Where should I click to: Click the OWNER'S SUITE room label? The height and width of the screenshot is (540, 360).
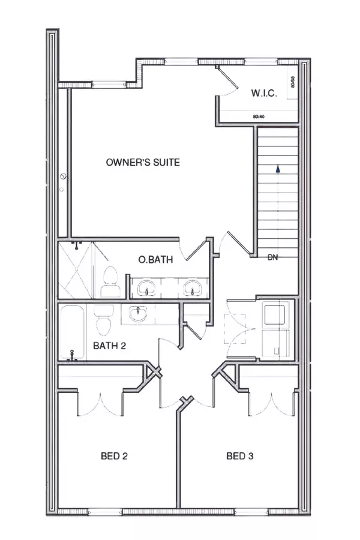coord(143,162)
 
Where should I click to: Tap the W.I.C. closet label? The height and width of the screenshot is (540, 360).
coord(263,93)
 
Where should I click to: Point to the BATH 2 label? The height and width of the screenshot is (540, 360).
coord(110,346)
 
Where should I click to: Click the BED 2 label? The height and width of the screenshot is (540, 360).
coord(114,456)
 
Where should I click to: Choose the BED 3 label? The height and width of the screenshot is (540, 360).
coord(240,456)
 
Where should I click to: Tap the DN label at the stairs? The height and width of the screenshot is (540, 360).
coord(273,259)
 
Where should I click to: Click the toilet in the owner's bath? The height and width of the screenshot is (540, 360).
coord(110,283)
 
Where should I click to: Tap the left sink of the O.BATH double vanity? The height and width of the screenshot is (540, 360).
coord(146,288)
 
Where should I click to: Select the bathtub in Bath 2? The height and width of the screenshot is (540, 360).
coord(75,333)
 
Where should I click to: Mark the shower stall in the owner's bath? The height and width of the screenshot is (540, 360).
coord(77,270)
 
